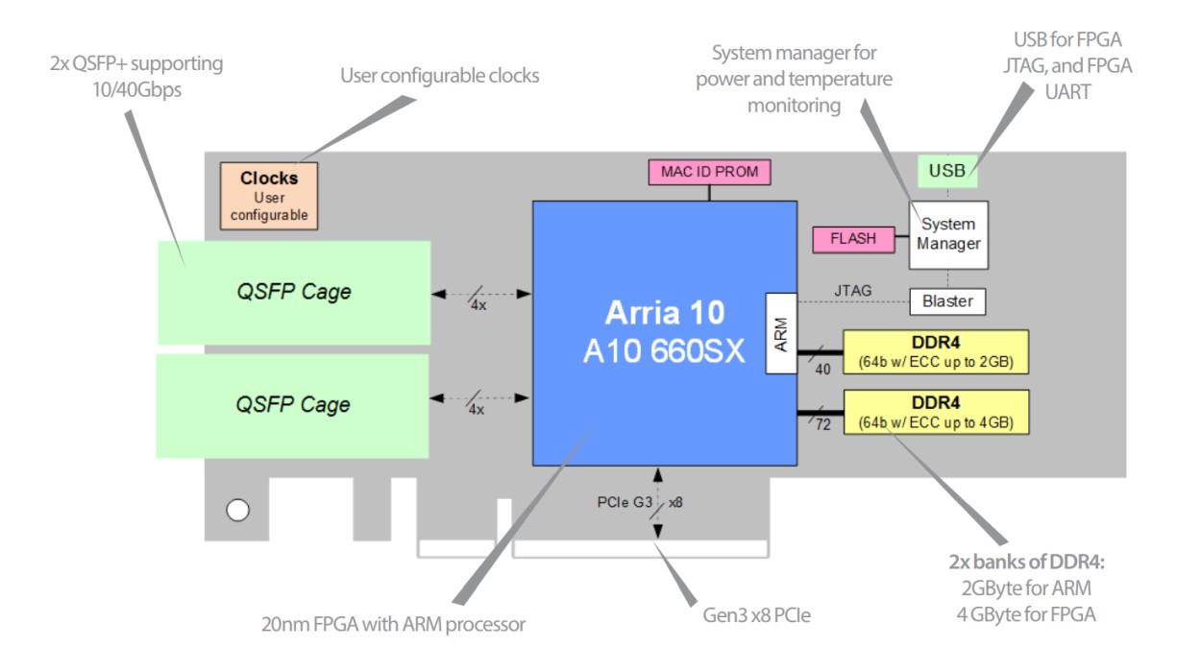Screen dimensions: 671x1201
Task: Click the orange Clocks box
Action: coord(268,196)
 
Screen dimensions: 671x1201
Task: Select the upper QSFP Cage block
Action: coord(293,292)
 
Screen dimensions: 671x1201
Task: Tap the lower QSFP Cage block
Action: coord(293,405)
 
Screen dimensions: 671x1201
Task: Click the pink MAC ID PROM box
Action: coord(709,172)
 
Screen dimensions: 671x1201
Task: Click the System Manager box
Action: coord(948,234)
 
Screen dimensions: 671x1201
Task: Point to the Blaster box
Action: coord(947,301)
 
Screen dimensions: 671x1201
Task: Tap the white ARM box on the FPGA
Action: coord(780,332)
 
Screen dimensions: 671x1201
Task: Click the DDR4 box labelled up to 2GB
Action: coord(935,353)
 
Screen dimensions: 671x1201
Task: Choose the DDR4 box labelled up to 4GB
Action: coord(935,412)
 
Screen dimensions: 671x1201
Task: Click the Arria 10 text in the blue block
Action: coord(665,314)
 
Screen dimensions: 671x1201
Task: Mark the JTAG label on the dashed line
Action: coord(852,289)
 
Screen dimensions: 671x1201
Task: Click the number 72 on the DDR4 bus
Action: coord(822,424)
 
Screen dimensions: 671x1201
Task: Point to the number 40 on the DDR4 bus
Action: coord(822,367)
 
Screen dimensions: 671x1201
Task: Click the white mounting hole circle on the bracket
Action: coord(237,510)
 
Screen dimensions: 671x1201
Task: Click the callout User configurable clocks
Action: coord(439,75)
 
